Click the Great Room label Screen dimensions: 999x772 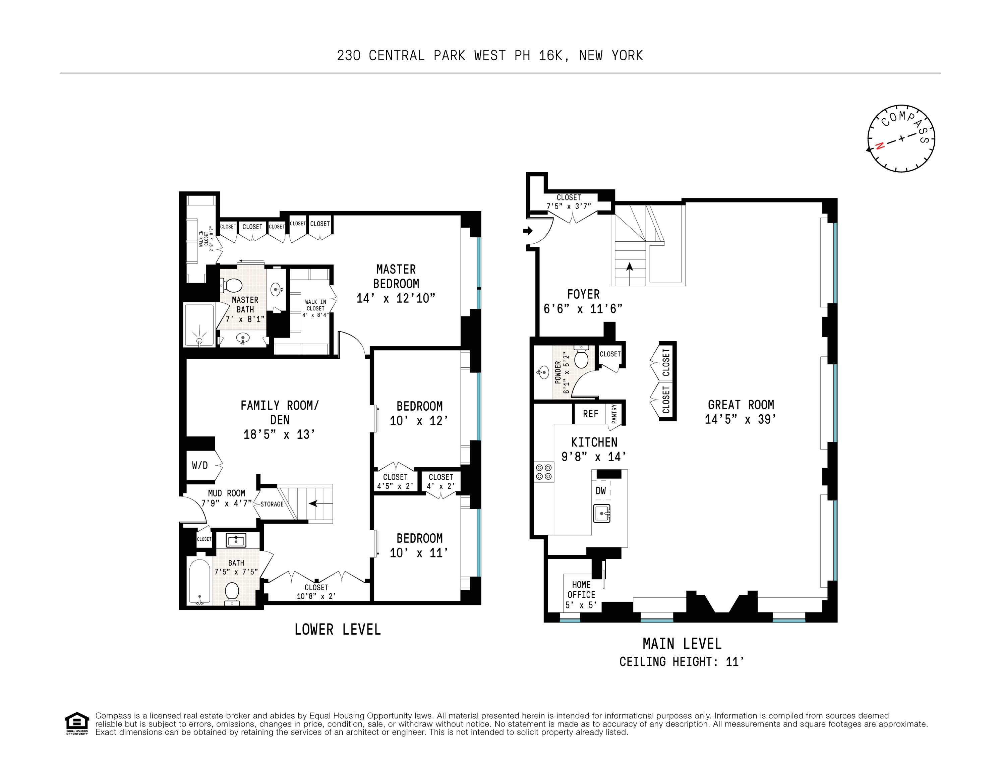pyautogui.click(x=741, y=405)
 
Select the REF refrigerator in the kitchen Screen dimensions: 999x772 pyautogui.click(x=591, y=414)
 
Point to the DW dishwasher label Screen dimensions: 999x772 pyautogui.click(x=601, y=491)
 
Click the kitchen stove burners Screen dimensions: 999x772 pyautogui.click(x=544, y=472)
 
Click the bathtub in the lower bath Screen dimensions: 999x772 pyautogui.click(x=200, y=581)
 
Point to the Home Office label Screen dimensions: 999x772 pyautogui.click(x=581, y=590)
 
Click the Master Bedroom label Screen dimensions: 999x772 pyautogui.click(x=396, y=276)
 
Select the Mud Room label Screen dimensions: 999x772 pyautogui.click(x=226, y=493)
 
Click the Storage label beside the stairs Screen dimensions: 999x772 pyautogui.click(x=272, y=504)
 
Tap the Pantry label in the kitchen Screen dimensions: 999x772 pyautogui.click(x=614, y=413)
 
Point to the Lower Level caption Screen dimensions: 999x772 pyautogui.click(x=338, y=630)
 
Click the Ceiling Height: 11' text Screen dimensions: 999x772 pyautogui.click(x=682, y=662)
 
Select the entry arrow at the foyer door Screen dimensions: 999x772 pyautogui.click(x=528, y=231)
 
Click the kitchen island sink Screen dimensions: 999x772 pyautogui.click(x=602, y=513)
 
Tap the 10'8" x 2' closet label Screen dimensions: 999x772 pyautogui.click(x=316, y=596)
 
